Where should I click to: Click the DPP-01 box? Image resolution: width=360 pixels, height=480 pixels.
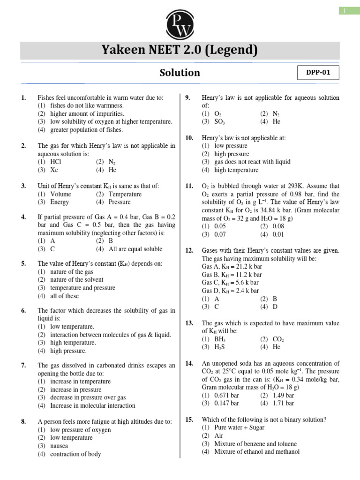click(x=318, y=73)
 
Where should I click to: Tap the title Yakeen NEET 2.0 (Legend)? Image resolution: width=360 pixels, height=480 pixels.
click(x=180, y=50)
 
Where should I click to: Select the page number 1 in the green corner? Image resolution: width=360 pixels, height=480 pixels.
click(x=345, y=11)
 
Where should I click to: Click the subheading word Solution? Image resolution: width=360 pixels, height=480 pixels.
click(x=180, y=73)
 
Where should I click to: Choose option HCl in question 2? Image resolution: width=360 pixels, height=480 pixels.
click(x=55, y=162)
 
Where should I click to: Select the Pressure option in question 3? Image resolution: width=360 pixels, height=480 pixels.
click(x=120, y=202)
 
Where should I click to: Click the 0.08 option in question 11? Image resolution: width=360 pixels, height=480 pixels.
click(x=278, y=226)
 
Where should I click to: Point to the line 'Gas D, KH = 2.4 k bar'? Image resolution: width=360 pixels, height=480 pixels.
click(x=230, y=291)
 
